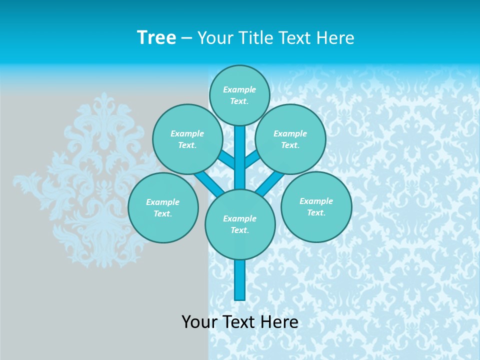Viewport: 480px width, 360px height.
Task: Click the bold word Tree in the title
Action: (156, 38)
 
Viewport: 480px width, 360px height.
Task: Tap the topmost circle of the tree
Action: (239, 95)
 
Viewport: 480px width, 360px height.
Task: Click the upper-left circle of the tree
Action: (187, 139)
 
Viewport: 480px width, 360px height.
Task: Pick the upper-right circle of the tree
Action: (290, 139)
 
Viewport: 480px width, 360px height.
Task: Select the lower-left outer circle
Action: (162, 207)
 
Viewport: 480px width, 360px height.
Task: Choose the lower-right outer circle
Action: (316, 206)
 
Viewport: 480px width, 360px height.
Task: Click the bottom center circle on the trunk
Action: (240, 224)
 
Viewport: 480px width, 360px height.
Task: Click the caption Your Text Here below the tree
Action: (240, 322)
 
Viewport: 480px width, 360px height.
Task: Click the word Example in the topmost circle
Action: (239, 89)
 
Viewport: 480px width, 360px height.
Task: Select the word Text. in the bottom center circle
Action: (239, 230)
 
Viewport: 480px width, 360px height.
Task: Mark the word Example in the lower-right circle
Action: (316, 201)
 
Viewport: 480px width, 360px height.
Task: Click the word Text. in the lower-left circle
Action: (162, 213)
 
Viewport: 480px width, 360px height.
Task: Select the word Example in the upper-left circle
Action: (187, 133)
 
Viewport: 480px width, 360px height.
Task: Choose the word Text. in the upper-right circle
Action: (290, 145)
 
